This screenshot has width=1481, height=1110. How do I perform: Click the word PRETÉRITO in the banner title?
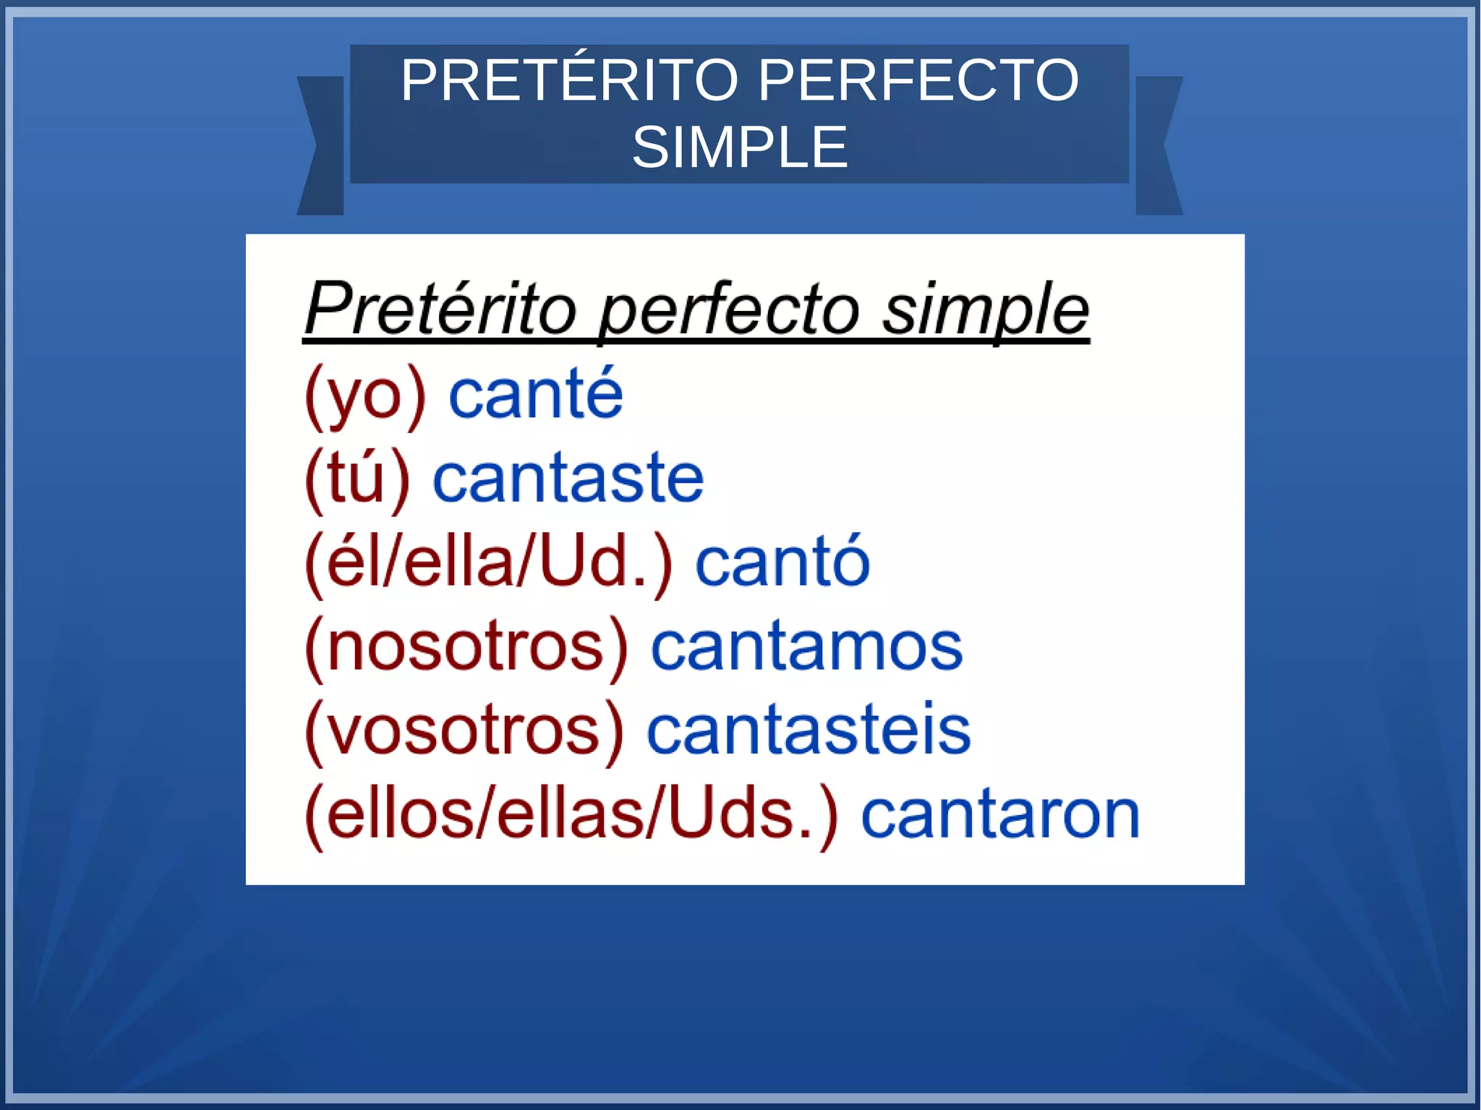coord(570,80)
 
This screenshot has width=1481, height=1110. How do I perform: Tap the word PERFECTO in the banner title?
coord(918,80)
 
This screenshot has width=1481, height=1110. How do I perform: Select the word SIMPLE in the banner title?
coord(740,148)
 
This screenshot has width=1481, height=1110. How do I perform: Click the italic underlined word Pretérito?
coord(441,309)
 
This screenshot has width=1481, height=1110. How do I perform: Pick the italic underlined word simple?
coord(985,311)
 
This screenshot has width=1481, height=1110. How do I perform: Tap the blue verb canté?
coord(535,394)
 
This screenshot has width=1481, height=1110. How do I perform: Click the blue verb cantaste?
coord(568,479)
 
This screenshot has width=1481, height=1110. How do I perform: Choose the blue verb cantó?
coord(782,563)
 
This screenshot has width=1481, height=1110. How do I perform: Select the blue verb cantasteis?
coord(808,731)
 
